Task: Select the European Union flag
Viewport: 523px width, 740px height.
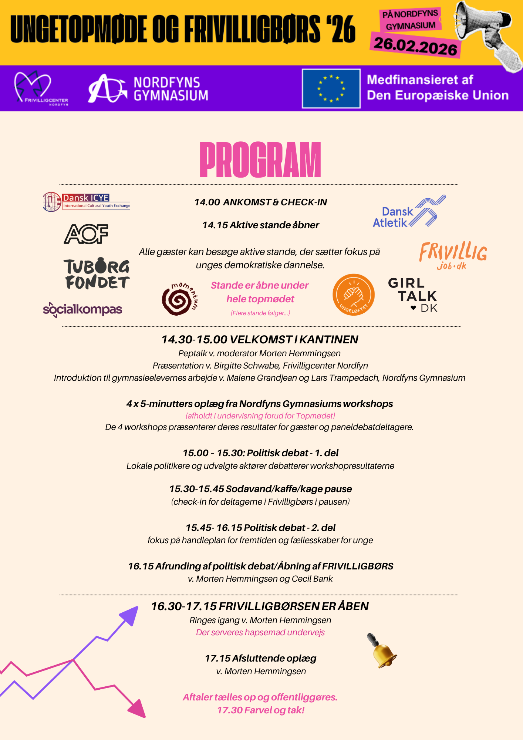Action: (x=331, y=88)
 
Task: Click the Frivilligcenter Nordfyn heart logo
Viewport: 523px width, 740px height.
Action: (x=33, y=87)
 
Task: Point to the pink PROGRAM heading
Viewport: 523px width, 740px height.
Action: (x=260, y=160)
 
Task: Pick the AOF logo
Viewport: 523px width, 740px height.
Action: (x=86, y=234)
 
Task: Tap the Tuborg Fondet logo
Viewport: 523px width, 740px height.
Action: (x=97, y=273)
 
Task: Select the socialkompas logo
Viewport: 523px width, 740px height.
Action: (x=82, y=309)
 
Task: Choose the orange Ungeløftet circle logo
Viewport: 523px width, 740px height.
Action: (x=354, y=295)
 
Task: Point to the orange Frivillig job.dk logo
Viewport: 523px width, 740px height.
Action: (x=453, y=255)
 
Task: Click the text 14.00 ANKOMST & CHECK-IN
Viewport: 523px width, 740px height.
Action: (x=260, y=202)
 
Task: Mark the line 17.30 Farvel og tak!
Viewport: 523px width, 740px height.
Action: (x=260, y=710)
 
